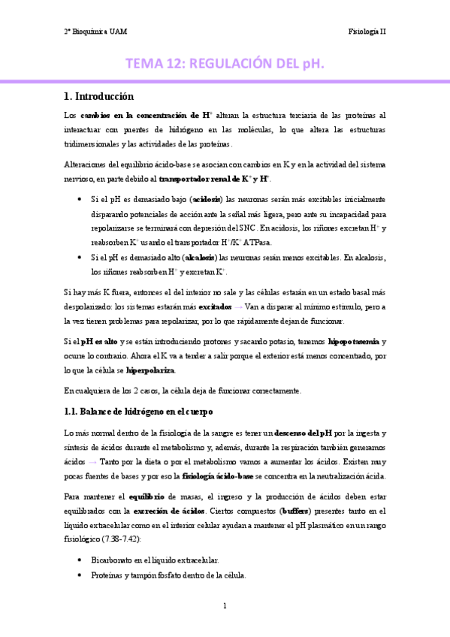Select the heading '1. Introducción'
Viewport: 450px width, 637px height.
[99, 96]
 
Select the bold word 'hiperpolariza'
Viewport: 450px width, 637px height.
[151, 370]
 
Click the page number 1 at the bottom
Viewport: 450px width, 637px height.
[225, 605]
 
